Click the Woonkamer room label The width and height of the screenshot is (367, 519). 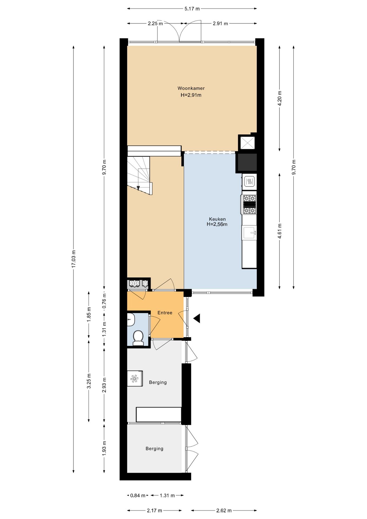pyautogui.click(x=191, y=88)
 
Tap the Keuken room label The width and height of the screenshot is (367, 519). pyautogui.click(x=217, y=219)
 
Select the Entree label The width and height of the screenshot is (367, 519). pyautogui.click(x=165, y=313)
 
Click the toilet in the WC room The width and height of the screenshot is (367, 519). pyautogui.click(x=138, y=338)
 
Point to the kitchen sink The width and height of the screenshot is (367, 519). pyautogui.click(x=249, y=233)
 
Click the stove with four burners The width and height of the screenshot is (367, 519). pyautogui.click(x=249, y=205)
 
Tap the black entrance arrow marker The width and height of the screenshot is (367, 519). pyautogui.click(x=197, y=318)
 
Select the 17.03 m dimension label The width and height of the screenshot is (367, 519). pyautogui.click(x=74, y=259)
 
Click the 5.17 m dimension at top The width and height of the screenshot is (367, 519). pyautogui.click(x=192, y=9)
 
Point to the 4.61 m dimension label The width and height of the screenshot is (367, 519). pyautogui.click(x=280, y=231)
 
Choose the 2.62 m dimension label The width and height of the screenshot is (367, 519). pyautogui.click(x=224, y=510)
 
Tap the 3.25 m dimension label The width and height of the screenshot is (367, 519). pyautogui.click(x=89, y=381)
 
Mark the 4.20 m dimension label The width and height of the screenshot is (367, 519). pyautogui.click(x=280, y=98)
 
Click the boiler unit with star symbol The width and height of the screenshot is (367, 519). pyautogui.click(x=135, y=378)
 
